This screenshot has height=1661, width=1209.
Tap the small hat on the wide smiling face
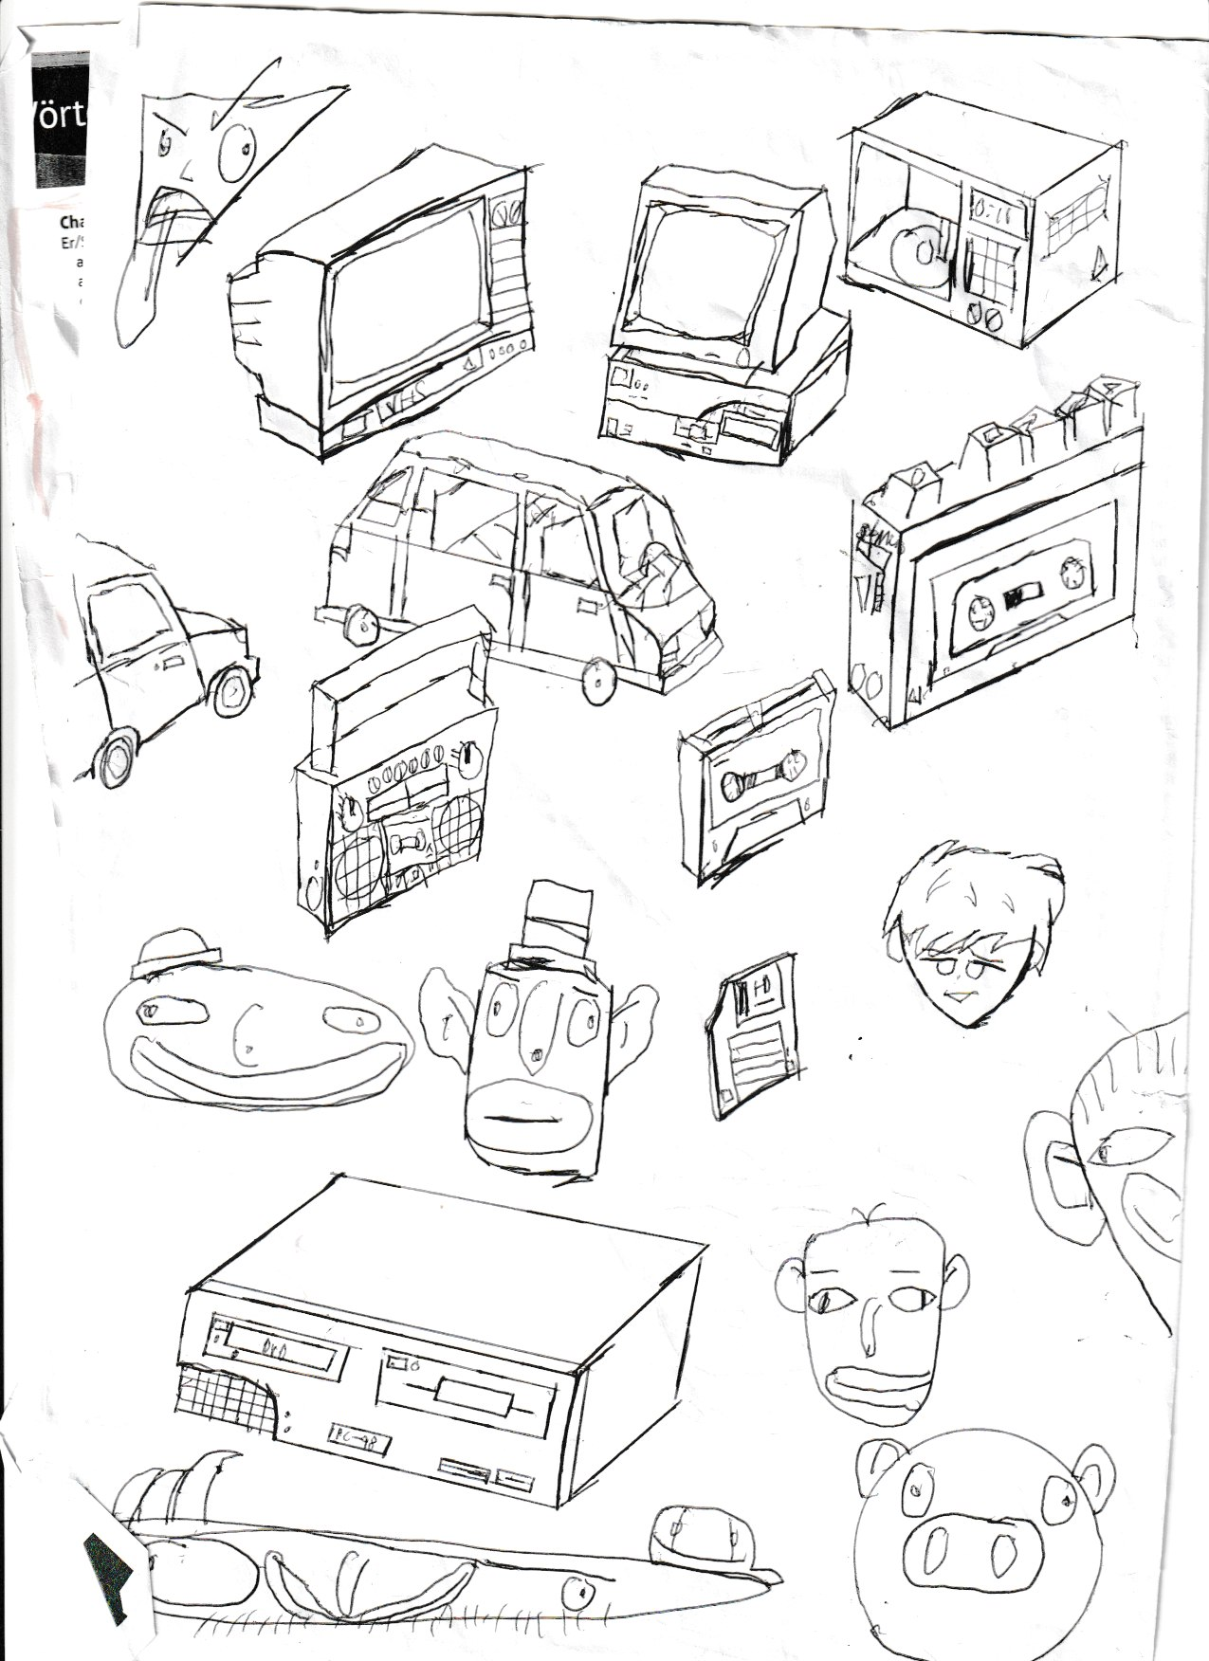coord(179,952)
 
